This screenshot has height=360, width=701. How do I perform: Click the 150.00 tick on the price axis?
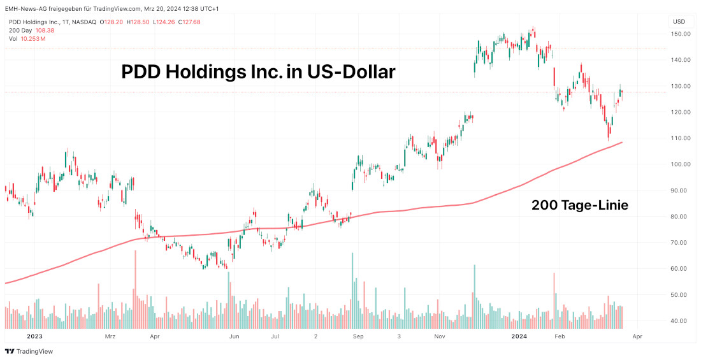pyautogui.click(x=683, y=33)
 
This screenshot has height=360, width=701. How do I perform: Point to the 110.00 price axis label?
pyautogui.click(x=683, y=138)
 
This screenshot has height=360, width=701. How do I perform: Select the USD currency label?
pyautogui.click(x=679, y=21)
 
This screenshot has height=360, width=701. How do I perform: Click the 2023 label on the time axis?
pyautogui.click(x=34, y=335)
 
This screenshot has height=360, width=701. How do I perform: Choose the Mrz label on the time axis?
pyautogui.click(x=110, y=335)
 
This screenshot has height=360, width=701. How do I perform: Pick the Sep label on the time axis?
pyautogui.click(x=358, y=335)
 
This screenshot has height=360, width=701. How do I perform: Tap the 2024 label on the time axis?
pyautogui.click(x=520, y=335)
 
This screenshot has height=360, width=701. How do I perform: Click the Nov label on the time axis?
pyautogui.click(x=439, y=335)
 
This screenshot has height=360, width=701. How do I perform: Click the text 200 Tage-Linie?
pyautogui.click(x=580, y=205)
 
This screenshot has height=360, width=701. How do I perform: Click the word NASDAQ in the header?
pyautogui.click(x=83, y=22)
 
